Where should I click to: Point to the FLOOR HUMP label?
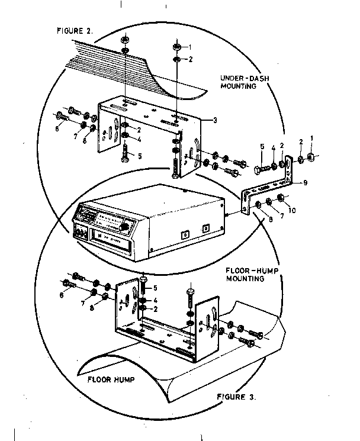tap(111, 378)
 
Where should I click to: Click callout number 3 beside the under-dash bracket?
tap(215, 120)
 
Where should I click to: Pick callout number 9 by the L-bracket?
tap(305, 183)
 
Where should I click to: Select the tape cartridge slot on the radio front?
tap(111, 240)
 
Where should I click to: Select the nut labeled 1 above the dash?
tap(176, 46)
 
